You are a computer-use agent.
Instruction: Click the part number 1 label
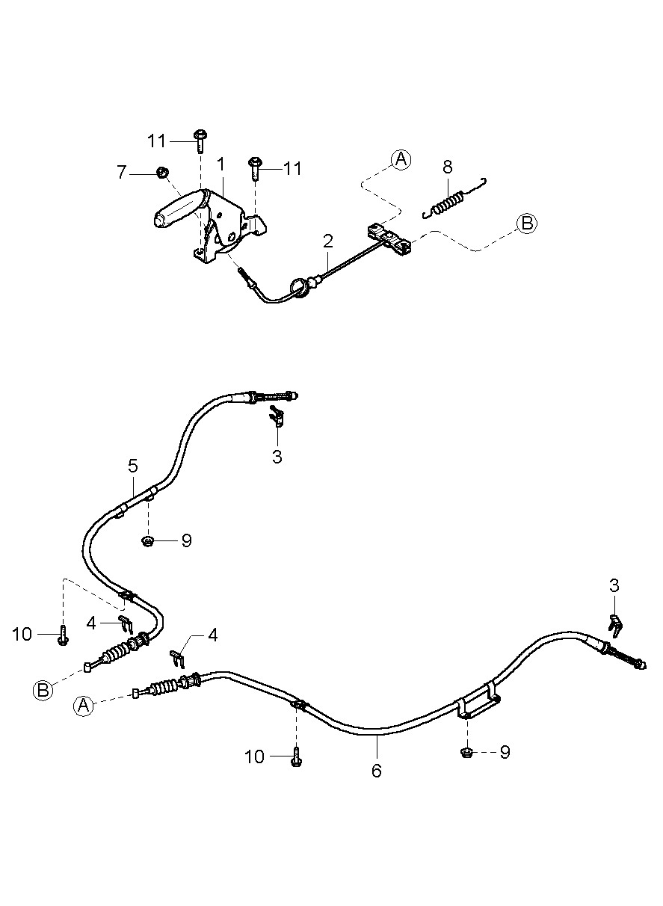pyautogui.click(x=221, y=163)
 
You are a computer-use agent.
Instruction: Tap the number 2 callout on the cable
pyautogui.click(x=327, y=241)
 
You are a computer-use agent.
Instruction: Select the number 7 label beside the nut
pyautogui.click(x=122, y=173)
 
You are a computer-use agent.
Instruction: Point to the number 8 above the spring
pyautogui.click(x=447, y=166)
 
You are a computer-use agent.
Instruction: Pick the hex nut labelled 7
pyautogui.click(x=160, y=173)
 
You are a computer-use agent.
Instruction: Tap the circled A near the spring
pyautogui.click(x=401, y=158)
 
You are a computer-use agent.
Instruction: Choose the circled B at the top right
pyautogui.click(x=527, y=223)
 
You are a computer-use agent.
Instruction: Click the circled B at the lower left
pyautogui.click(x=43, y=690)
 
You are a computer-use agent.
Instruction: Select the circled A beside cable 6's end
pyautogui.click(x=84, y=705)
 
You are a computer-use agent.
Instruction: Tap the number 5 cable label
pyautogui.click(x=132, y=466)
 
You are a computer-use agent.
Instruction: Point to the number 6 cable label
pyautogui.click(x=377, y=771)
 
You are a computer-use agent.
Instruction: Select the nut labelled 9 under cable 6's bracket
pyautogui.click(x=465, y=751)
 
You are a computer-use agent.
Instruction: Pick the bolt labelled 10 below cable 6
pyautogui.click(x=296, y=757)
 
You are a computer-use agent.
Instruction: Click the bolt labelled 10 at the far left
pyautogui.click(x=63, y=636)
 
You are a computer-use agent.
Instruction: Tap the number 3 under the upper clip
pyautogui.click(x=277, y=457)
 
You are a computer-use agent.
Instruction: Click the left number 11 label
pyautogui.click(x=157, y=141)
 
